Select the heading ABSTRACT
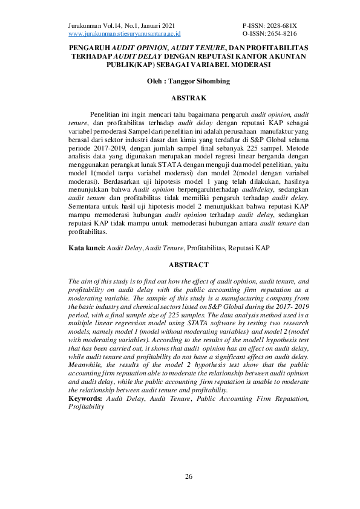tap(189, 265)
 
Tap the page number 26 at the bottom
tap(189, 478)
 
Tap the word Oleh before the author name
tap(158, 80)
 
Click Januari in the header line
tap(145, 26)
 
